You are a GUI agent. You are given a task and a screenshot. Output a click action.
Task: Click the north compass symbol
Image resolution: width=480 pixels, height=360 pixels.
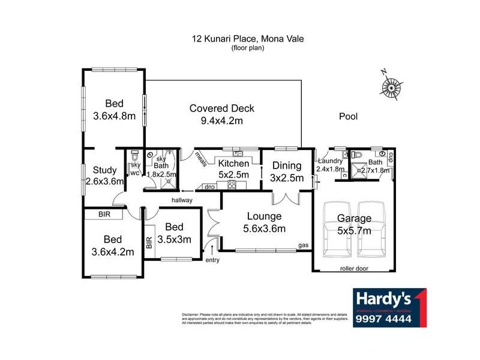pyautogui.click(x=391, y=88)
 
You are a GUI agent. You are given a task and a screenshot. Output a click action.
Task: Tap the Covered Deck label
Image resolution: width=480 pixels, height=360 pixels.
pyautogui.click(x=221, y=115)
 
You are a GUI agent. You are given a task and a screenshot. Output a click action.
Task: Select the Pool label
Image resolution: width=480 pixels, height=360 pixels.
pyautogui.click(x=348, y=116)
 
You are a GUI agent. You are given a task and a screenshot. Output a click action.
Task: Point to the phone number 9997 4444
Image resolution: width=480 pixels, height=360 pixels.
pyautogui.click(x=382, y=319)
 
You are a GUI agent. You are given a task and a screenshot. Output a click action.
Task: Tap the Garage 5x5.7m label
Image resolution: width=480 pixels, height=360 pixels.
pyautogui.click(x=353, y=224)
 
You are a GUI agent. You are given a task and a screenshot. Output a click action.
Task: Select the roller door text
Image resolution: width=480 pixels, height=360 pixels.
pyautogui.click(x=353, y=269)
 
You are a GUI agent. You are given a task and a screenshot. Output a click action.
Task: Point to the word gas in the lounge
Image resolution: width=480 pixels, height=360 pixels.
pyautogui.click(x=304, y=246)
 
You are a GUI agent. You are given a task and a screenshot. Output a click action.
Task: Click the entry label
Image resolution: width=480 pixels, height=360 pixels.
pyautogui.click(x=212, y=260)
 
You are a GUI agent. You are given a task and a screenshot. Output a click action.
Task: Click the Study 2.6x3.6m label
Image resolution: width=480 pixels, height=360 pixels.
pyautogui.click(x=104, y=175)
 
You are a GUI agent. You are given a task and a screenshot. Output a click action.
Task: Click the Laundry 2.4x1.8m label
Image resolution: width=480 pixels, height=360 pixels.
pyautogui.click(x=331, y=165)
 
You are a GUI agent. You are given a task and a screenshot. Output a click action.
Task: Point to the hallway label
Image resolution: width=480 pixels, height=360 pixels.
pyautogui.click(x=182, y=200)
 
